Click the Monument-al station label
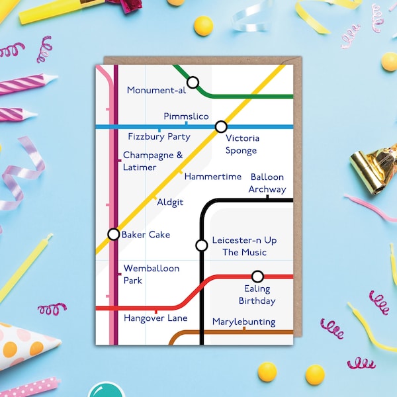click(156, 90)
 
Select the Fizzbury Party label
click(159, 137)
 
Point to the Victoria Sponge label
click(242, 144)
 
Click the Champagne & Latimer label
click(152, 161)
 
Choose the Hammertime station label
click(213, 177)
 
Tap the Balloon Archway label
click(267, 183)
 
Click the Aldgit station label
click(170, 202)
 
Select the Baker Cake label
click(146, 234)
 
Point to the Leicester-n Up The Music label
click(244, 246)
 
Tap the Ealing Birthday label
click(257, 294)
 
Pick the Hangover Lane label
click(155, 318)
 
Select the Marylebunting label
click(243, 322)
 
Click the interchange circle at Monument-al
click(193, 83)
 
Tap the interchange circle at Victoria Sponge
click(221, 126)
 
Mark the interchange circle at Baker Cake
click(114, 234)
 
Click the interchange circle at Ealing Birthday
click(257, 277)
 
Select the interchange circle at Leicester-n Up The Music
click(202, 245)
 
